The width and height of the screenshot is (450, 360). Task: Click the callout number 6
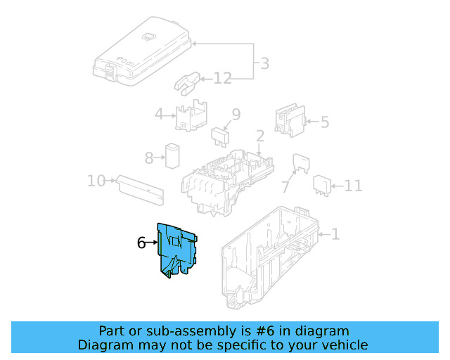tap(141, 243)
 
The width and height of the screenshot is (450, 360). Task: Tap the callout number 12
tap(222, 78)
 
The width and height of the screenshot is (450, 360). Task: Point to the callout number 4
tap(159, 114)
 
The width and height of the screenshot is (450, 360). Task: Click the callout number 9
tap(236, 114)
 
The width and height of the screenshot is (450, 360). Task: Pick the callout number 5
tap(324, 122)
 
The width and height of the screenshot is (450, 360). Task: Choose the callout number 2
tap(259, 136)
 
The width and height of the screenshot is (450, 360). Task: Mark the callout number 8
tap(148, 158)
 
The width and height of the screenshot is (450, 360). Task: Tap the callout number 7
tap(285, 187)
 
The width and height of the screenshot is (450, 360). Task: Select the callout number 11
tap(353, 186)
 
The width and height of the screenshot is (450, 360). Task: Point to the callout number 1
tap(335, 233)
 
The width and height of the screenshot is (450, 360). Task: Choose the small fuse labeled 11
tap(323, 184)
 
